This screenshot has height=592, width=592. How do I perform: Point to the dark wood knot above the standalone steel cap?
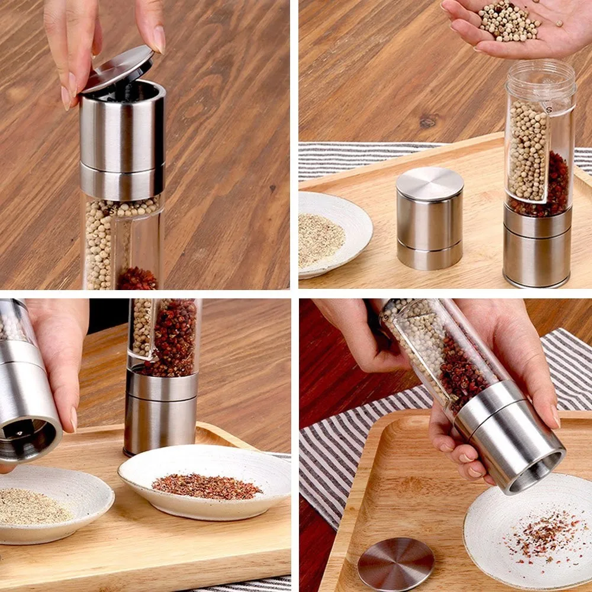tap(427, 123)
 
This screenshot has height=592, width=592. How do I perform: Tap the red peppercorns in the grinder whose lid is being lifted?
tap(137, 278)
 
